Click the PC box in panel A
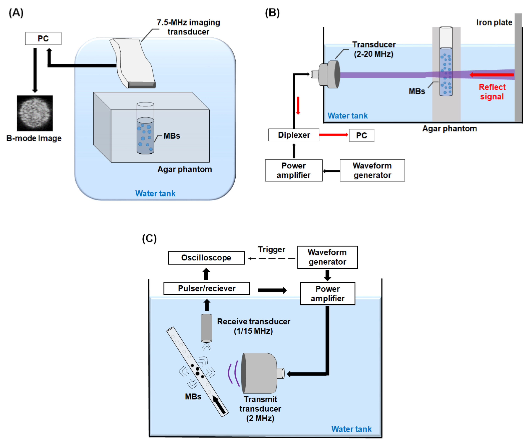coord(43,39)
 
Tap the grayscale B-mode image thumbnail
coord(35,113)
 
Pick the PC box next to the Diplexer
coord(362,135)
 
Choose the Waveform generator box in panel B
coord(372,171)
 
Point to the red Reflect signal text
coord(492,92)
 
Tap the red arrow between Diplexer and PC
coord(333,135)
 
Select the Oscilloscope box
coord(206,258)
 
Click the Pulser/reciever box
coord(207,288)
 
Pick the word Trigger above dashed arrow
coord(271,249)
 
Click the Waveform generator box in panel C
coord(327,257)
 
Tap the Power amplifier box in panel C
coord(328,294)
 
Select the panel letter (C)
coord(149,238)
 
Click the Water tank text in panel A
coord(155,194)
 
